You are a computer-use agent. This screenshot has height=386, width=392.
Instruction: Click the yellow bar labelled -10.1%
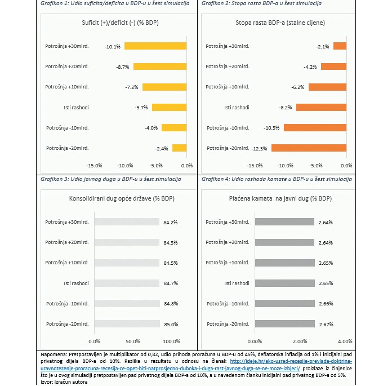point(155,46)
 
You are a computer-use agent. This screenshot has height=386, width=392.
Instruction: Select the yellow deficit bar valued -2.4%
point(180,148)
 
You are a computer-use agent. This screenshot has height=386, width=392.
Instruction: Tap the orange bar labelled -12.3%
point(309,148)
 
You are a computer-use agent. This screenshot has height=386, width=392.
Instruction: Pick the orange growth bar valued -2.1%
point(340,46)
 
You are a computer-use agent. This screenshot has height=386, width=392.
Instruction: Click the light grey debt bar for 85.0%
point(127,323)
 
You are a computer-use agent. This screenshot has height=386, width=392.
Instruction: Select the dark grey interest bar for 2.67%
point(285,323)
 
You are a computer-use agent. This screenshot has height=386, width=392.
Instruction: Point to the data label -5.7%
point(141,108)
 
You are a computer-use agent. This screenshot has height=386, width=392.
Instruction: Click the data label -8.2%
point(286,108)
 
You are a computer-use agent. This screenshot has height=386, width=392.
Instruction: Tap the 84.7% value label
point(171,283)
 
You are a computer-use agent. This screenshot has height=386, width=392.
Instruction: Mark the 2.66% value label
point(326,304)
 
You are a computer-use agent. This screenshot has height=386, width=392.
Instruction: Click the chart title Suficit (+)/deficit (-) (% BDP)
point(121,23)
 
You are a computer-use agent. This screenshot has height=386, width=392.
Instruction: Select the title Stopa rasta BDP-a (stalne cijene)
point(280,23)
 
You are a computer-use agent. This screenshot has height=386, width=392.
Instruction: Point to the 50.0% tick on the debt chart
point(133,341)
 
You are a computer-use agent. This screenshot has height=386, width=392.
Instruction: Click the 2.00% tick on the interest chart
point(300,341)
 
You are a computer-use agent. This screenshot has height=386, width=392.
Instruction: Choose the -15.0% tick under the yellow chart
point(94,166)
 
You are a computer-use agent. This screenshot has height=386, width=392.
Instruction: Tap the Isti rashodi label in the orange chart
point(237,108)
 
